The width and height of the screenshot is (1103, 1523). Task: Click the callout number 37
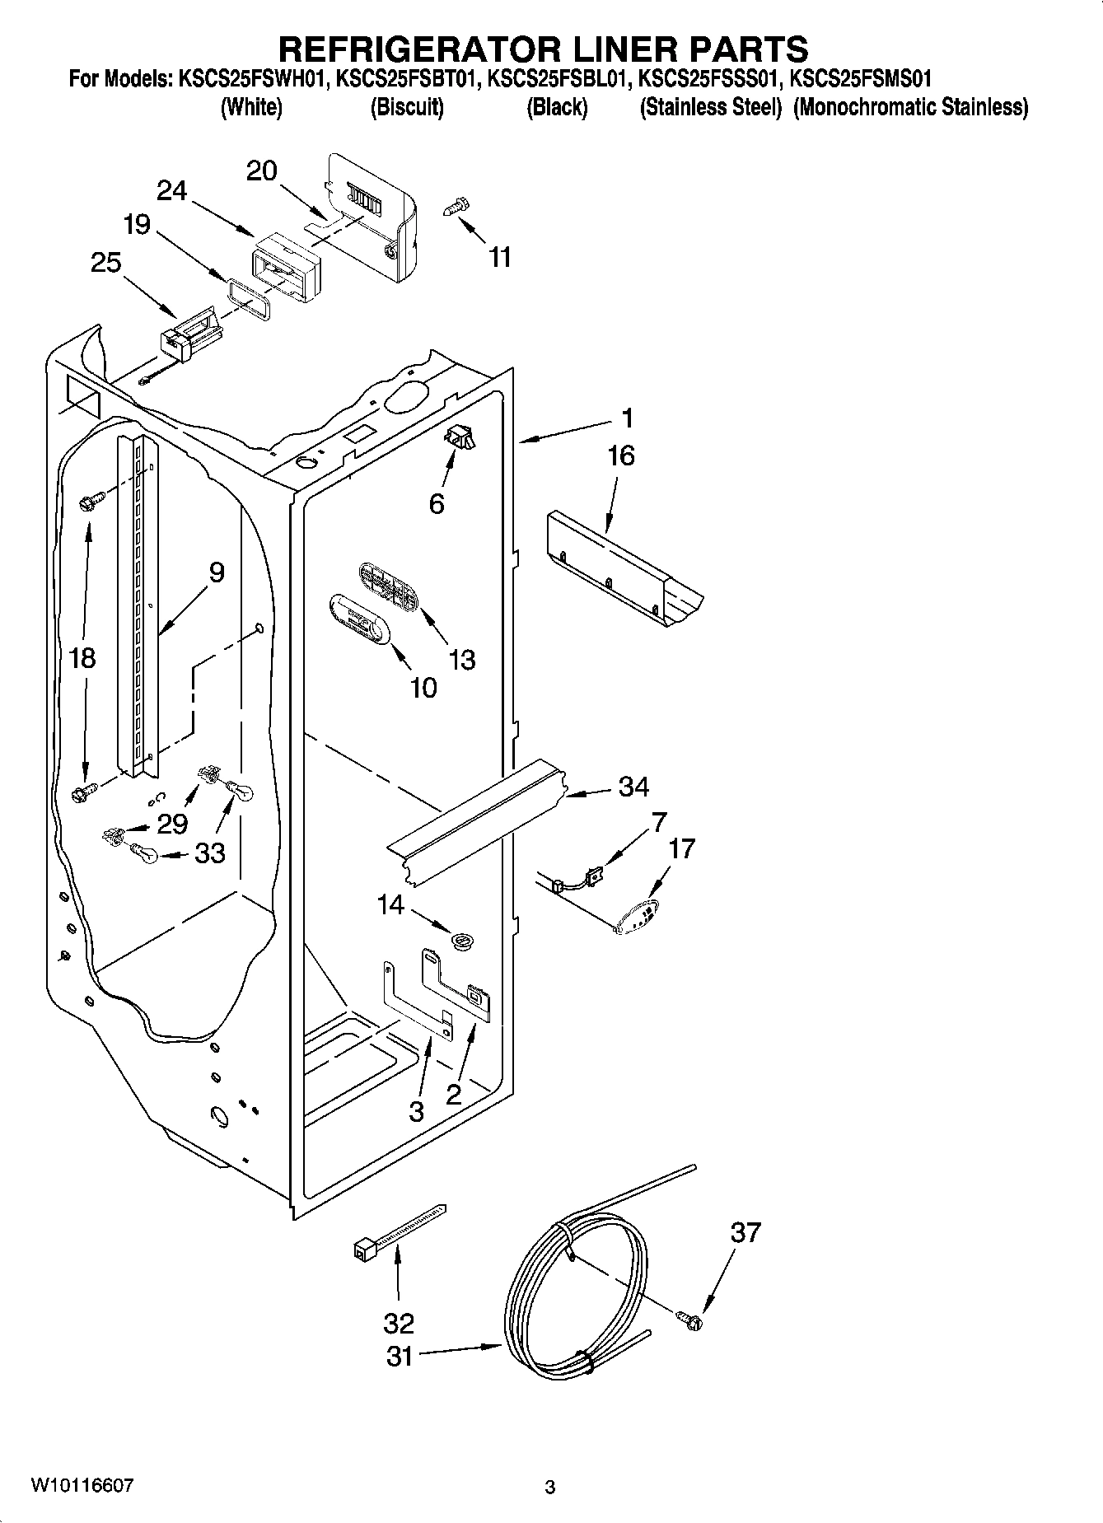(745, 1232)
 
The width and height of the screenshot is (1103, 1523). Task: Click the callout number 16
(620, 455)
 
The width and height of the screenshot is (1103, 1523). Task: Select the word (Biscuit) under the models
(407, 108)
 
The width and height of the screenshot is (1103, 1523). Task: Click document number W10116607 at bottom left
(82, 1485)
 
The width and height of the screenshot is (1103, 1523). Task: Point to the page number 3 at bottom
(550, 1487)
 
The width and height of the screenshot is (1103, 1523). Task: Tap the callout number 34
(633, 787)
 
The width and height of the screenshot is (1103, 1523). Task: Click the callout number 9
(216, 572)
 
